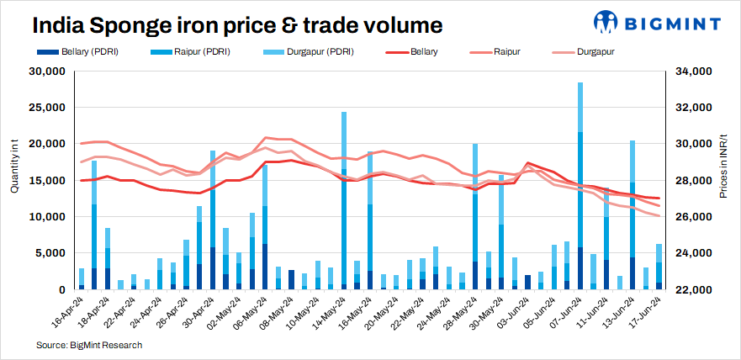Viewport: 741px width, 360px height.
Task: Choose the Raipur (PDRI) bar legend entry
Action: [x=193, y=52]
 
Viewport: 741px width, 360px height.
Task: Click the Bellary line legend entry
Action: [x=414, y=52]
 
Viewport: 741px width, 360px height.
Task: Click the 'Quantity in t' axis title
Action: [x=14, y=168]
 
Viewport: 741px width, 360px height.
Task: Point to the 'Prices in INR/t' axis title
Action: [x=724, y=168]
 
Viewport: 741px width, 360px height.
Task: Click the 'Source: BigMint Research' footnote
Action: [x=88, y=345]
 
